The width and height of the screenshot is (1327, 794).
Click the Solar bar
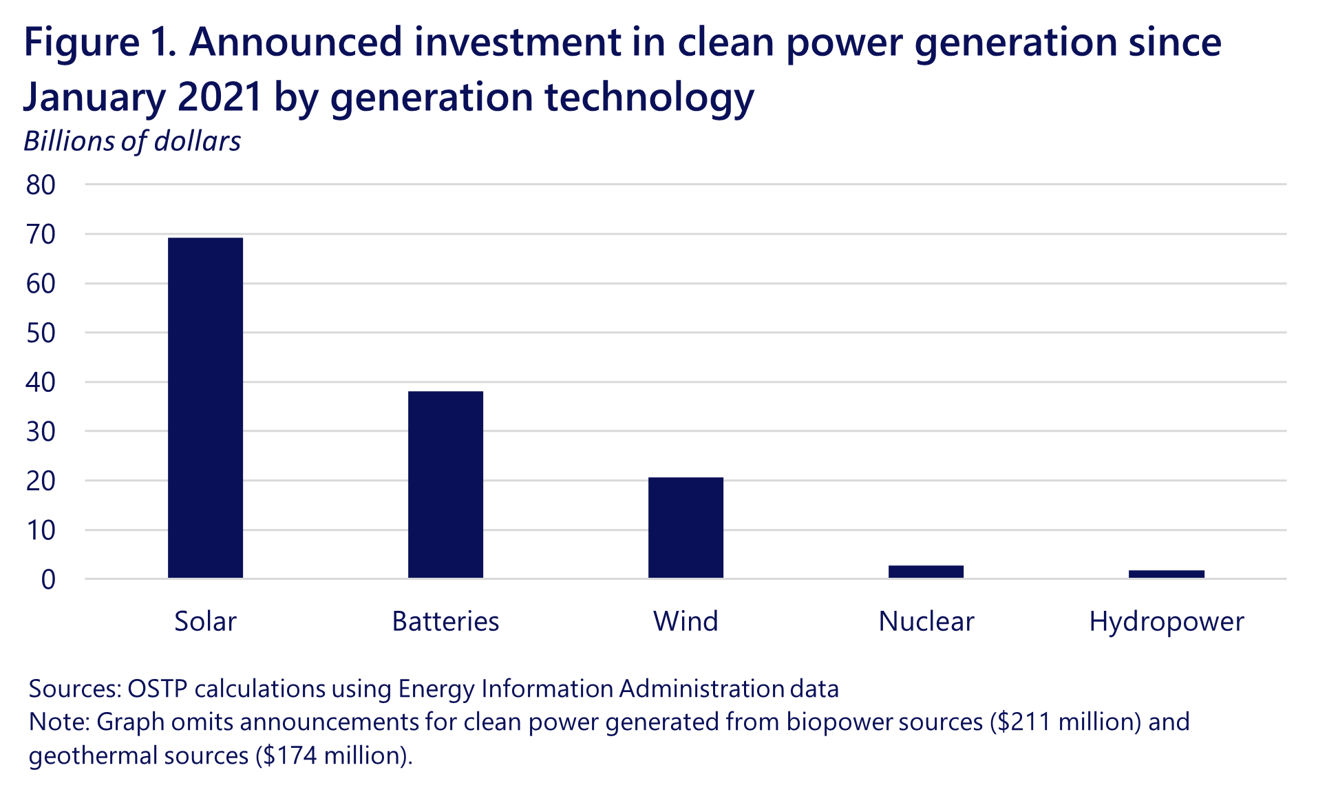[x=205, y=408]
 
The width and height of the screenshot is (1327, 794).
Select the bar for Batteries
[x=445, y=484]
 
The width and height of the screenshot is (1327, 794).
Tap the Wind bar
[x=686, y=527]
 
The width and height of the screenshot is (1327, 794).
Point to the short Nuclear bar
[x=926, y=572]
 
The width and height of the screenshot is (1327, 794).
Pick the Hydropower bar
[x=1166, y=574]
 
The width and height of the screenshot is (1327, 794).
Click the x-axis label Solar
[x=205, y=621]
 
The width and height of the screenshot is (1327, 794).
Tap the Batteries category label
[x=445, y=621]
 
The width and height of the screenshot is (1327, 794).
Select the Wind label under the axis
[x=686, y=621]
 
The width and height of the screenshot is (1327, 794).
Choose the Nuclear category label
[x=926, y=621]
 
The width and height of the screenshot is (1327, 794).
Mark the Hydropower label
[x=1166, y=621]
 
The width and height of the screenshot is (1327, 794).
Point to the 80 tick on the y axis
[x=41, y=185]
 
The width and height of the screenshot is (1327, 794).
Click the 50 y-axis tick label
[x=41, y=333]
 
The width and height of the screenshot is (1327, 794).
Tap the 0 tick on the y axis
[x=48, y=580]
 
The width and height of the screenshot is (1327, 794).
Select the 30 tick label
[x=41, y=432]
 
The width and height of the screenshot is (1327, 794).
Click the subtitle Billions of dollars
[x=132, y=141]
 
